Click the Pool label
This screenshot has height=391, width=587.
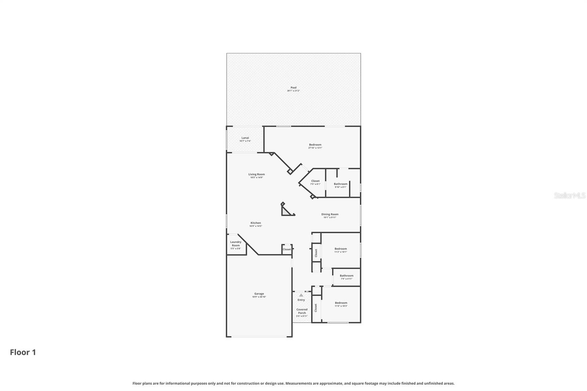(293, 88)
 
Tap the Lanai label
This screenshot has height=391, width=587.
(245, 138)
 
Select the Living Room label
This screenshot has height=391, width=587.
(256, 175)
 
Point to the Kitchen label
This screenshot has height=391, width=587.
(256, 223)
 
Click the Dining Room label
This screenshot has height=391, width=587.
(330, 215)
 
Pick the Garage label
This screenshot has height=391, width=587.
(259, 294)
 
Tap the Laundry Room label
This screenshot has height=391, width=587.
(236, 244)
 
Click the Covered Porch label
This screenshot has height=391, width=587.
(302, 311)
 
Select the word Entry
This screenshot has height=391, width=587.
(301, 300)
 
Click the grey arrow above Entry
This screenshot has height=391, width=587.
(301, 295)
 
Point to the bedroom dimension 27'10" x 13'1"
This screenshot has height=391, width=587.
(315, 148)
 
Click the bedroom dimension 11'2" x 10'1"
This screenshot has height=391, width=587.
(341, 252)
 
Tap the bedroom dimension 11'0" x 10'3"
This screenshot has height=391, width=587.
(341, 306)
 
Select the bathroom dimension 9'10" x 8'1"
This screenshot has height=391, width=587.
(340, 187)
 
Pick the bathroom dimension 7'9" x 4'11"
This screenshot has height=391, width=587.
(347, 279)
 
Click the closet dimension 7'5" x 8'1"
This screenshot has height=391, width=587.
(316, 184)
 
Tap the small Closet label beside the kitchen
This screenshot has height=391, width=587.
(287, 249)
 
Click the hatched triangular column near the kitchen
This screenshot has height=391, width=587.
(286, 212)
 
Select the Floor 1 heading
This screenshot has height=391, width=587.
(23, 352)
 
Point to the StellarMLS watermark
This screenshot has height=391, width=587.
(570, 195)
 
